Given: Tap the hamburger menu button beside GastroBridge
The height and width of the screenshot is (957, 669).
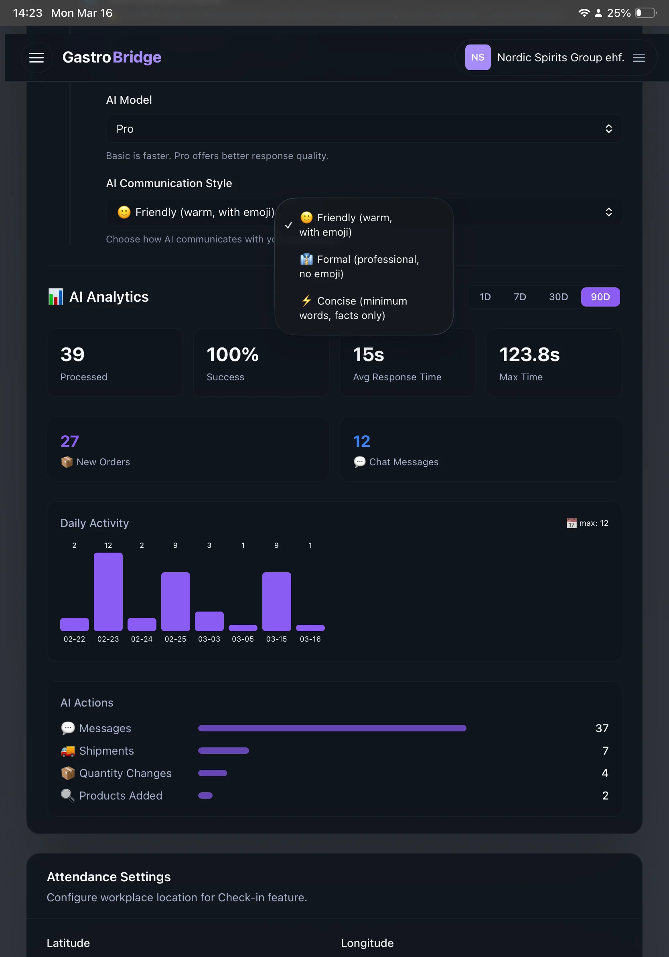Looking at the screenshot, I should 37,58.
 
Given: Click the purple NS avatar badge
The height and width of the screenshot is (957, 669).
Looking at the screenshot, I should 478,58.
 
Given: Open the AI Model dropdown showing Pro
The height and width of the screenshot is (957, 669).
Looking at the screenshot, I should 363,129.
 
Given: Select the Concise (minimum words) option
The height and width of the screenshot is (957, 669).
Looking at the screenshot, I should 354,308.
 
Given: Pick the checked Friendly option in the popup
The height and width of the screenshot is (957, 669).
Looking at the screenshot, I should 346,225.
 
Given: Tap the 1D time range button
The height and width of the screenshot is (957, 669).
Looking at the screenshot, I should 485,297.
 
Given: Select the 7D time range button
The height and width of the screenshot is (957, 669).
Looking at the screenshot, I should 520,297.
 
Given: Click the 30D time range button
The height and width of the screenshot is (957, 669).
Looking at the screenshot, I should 558,297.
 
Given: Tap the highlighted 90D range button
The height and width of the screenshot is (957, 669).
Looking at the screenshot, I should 600,297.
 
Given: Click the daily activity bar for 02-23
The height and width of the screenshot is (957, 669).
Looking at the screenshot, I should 108,592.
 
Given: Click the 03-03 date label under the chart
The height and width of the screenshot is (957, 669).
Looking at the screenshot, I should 209,639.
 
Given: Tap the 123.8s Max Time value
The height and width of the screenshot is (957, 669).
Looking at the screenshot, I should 529,355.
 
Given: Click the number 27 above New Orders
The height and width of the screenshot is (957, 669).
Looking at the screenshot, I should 70,441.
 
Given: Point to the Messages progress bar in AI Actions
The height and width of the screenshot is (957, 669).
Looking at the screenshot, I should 332,728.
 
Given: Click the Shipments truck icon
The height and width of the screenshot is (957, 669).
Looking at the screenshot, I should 67,751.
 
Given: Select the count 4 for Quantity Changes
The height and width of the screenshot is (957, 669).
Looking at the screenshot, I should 605,773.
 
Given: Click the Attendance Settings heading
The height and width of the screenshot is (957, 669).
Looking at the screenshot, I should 109,876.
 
